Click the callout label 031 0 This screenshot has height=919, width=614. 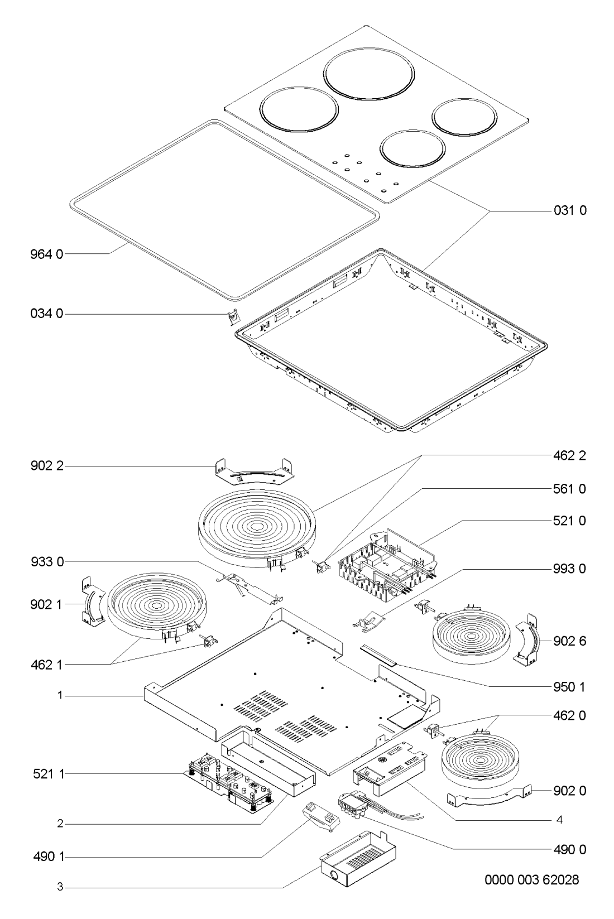pos(570,210)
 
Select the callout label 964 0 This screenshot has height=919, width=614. pos(47,254)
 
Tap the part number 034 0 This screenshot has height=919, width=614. pos(47,314)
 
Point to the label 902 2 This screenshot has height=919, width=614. pos(47,466)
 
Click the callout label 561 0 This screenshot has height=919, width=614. pos(569,489)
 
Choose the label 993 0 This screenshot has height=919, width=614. pos(569,569)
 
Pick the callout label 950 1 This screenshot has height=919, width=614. pos(569,687)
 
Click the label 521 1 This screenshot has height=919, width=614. pos(49,774)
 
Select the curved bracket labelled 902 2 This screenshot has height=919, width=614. pos(255,471)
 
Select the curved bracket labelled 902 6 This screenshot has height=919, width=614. pos(528,642)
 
